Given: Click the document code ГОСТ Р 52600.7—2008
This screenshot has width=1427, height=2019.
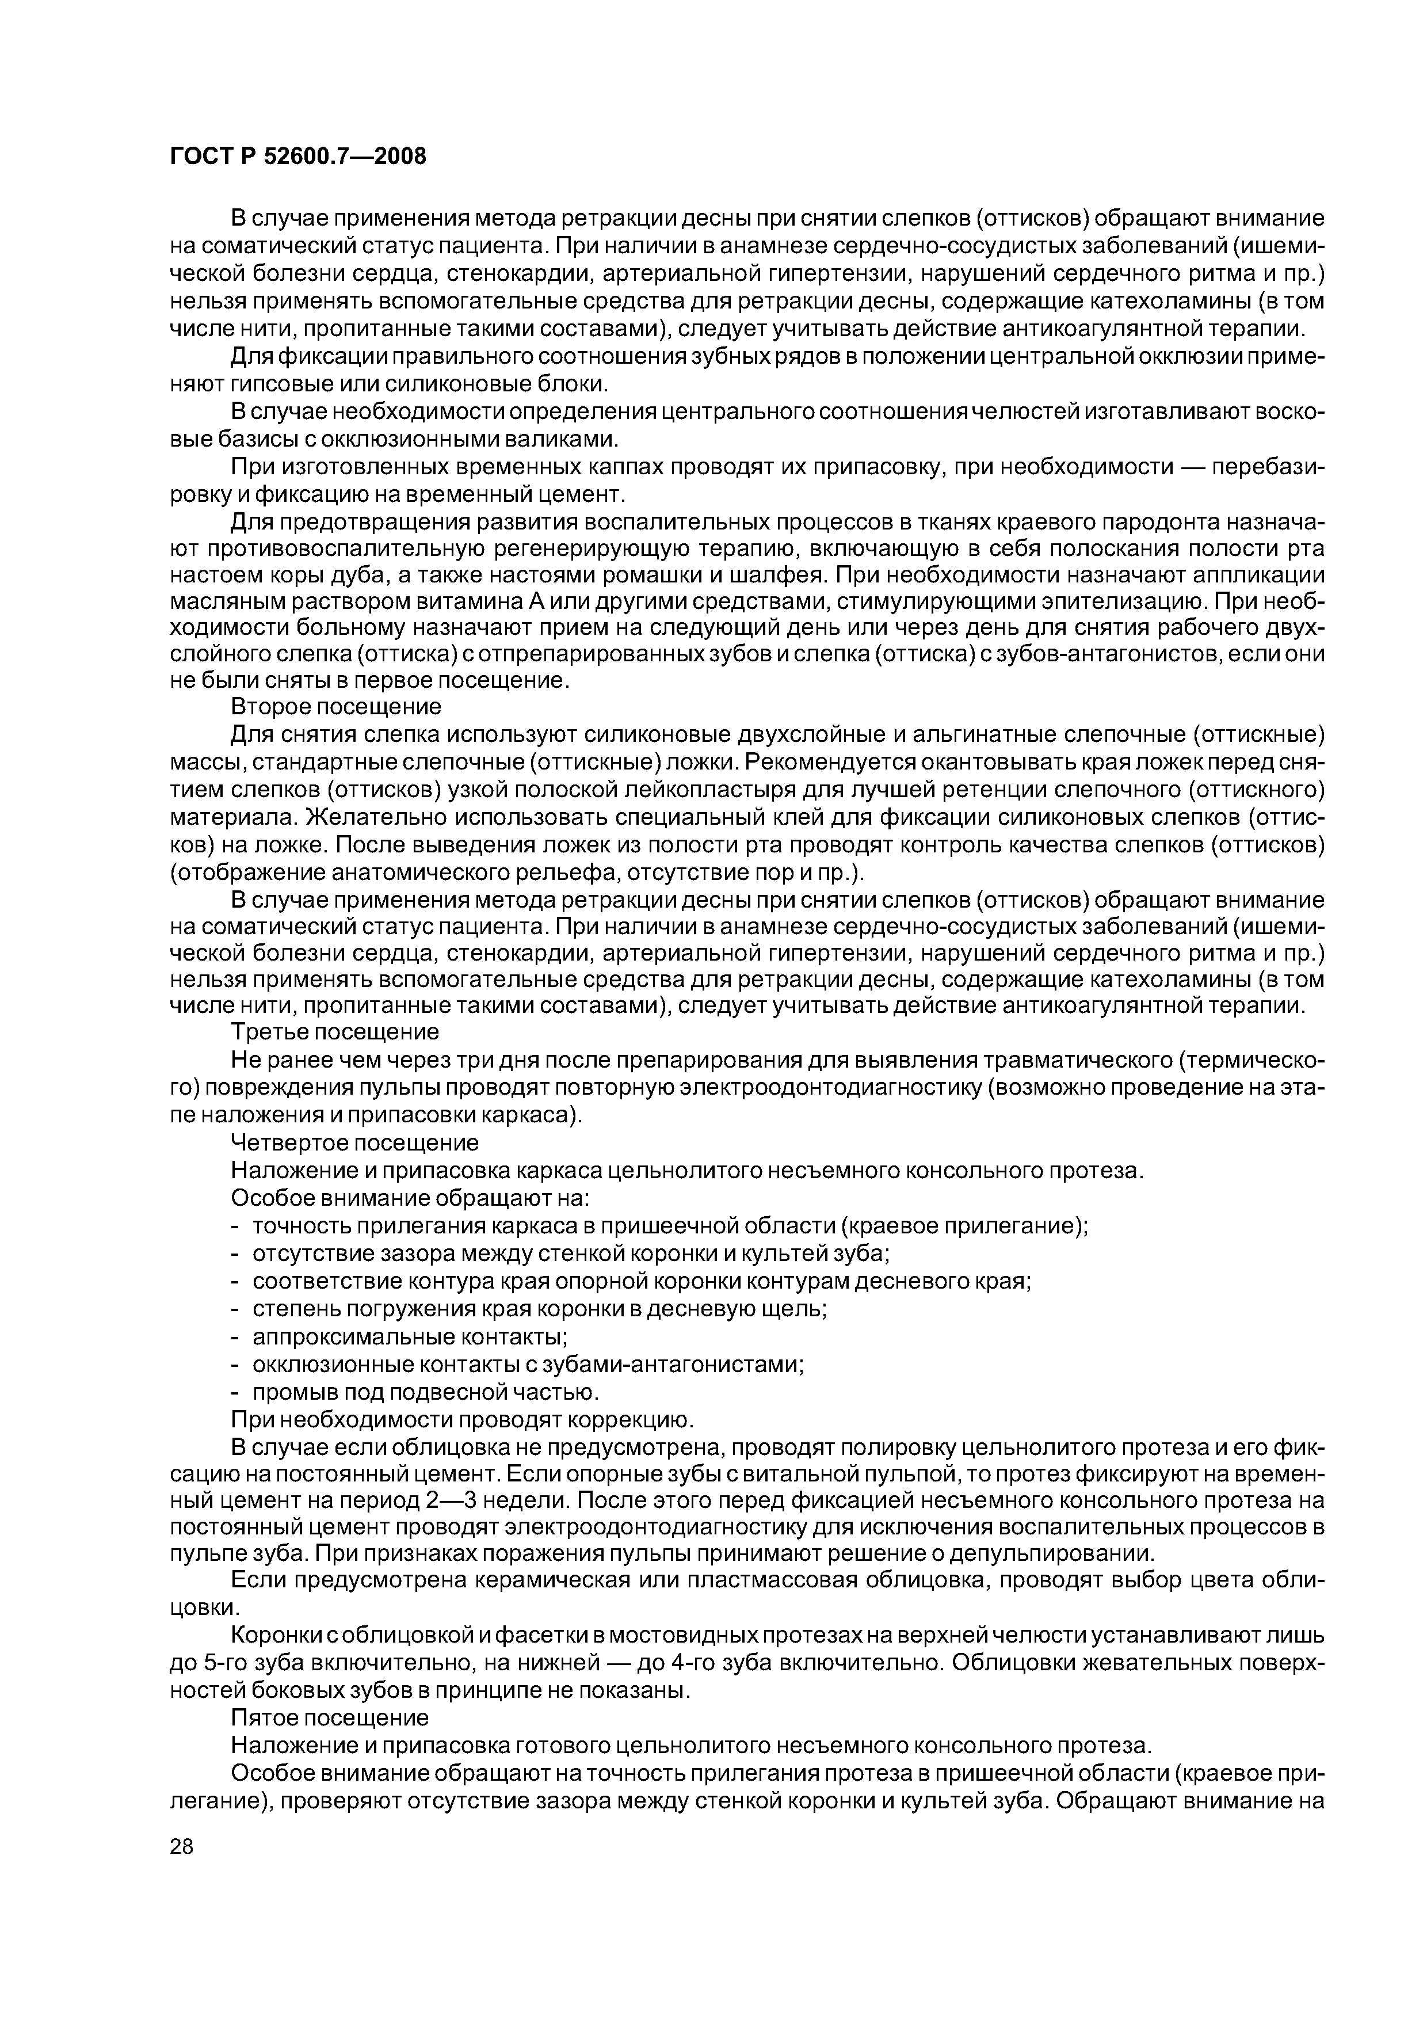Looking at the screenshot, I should point(297,157).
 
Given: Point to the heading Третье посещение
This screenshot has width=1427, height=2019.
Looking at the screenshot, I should point(334,1031).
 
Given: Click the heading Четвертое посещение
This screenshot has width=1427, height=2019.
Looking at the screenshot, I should point(354,1142).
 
